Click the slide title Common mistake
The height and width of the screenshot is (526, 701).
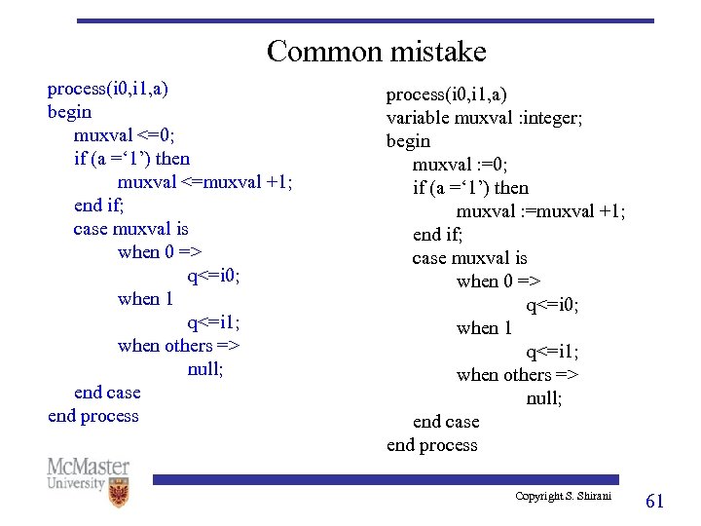click(x=376, y=51)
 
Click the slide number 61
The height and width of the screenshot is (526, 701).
click(x=655, y=501)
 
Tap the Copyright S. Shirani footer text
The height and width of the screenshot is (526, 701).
click(x=564, y=497)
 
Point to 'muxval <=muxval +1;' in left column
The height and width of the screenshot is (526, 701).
click(x=204, y=182)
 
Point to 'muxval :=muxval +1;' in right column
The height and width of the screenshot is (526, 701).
click(x=541, y=211)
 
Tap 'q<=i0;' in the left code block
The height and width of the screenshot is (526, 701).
click(x=214, y=276)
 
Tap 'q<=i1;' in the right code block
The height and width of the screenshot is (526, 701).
click(x=553, y=352)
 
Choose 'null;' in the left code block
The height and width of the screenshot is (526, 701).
click(x=205, y=369)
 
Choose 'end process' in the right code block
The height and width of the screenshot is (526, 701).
click(x=432, y=445)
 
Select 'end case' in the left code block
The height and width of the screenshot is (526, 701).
click(x=107, y=393)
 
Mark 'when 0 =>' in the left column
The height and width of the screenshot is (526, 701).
click(x=159, y=252)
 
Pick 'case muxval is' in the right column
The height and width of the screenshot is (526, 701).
click(x=469, y=258)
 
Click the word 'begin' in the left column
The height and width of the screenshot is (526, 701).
click(x=69, y=112)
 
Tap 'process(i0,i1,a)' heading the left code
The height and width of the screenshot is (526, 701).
click(x=108, y=89)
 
